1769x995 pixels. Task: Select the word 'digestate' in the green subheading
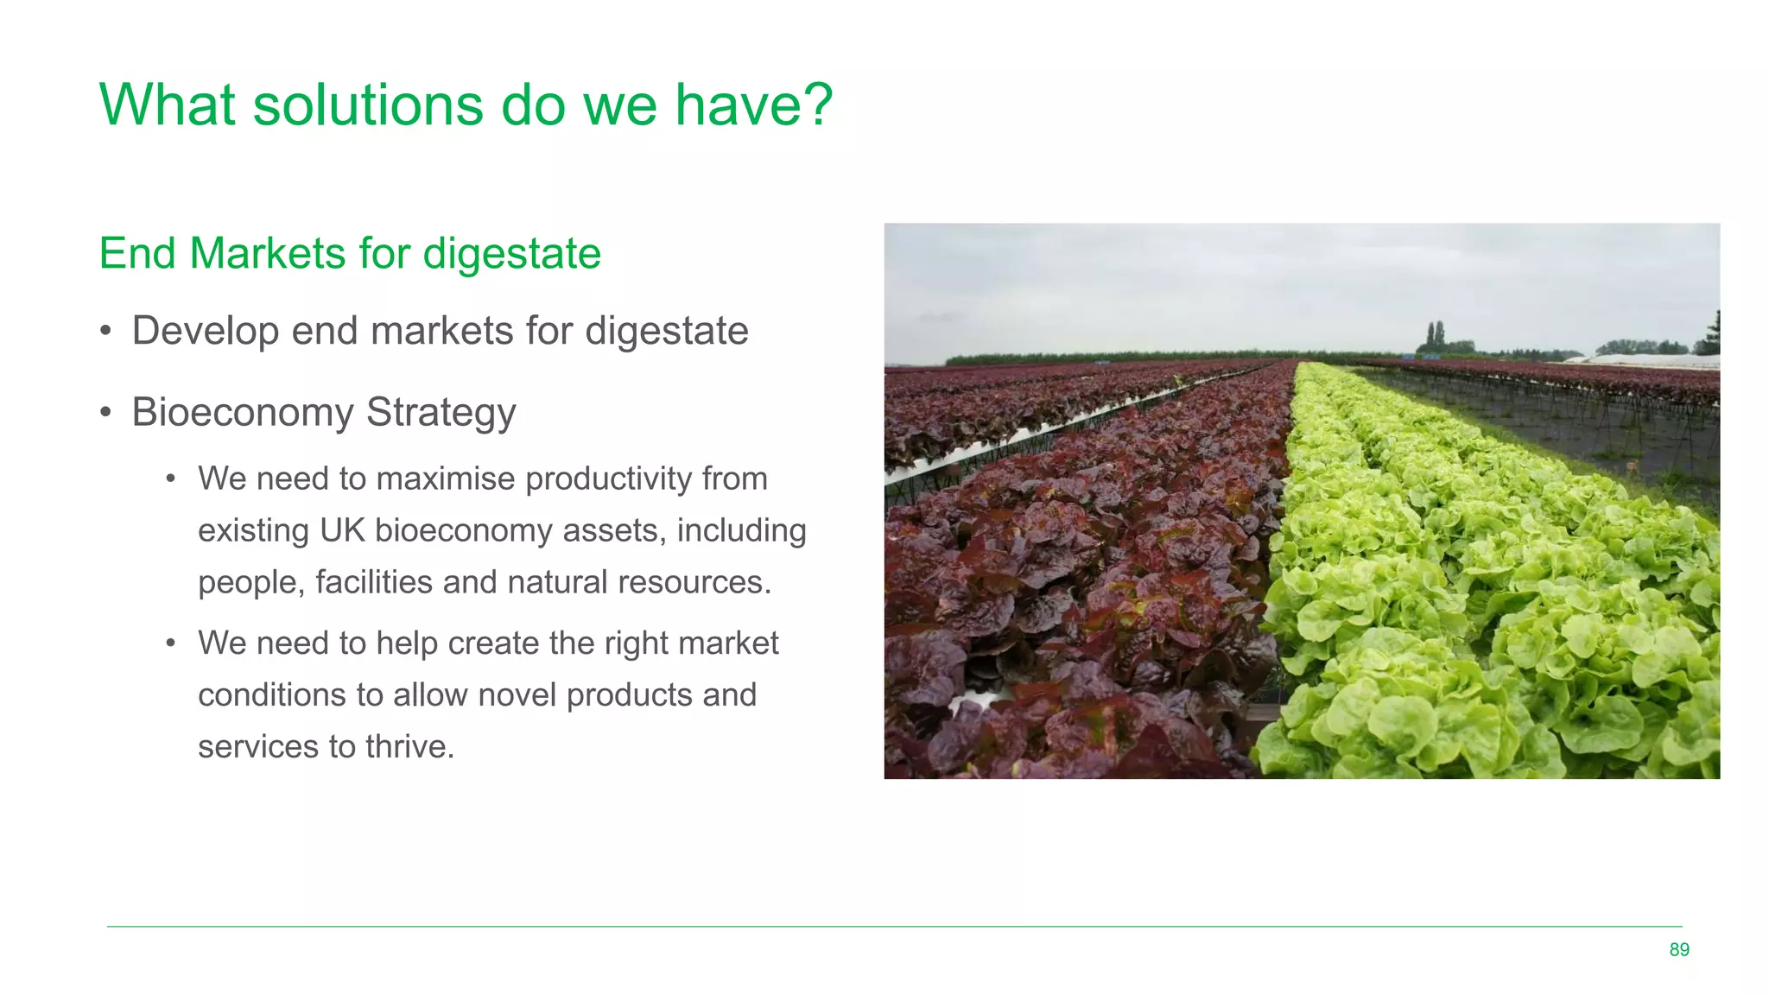(x=512, y=254)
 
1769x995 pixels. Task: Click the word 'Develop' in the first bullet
(x=205, y=331)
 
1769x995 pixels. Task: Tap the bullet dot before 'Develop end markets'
(x=105, y=332)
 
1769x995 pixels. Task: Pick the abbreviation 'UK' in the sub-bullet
(x=342, y=530)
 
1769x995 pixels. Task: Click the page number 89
(x=1679, y=949)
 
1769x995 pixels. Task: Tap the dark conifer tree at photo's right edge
(x=1712, y=334)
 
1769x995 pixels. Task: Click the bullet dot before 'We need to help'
(x=171, y=643)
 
